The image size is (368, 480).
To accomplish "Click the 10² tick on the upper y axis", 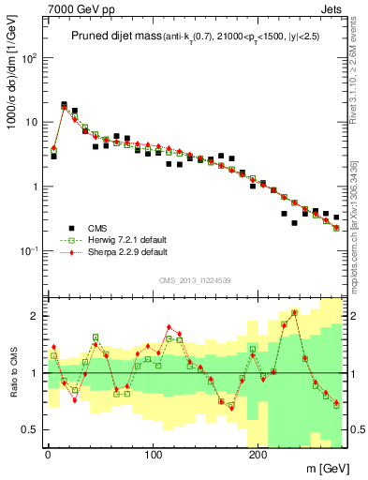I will coord(28,58).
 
